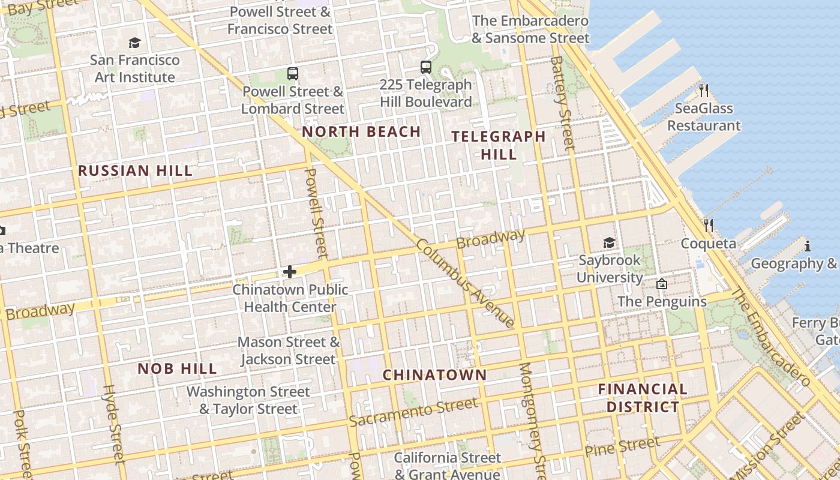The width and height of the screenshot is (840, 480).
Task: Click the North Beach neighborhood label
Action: click(361, 132)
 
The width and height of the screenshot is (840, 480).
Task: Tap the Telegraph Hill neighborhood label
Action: click(498, 145)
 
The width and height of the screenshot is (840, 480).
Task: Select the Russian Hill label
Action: click(136, 170)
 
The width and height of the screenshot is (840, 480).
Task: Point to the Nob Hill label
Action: click(177, 368)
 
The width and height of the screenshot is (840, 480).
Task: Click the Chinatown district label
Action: click(435, 375)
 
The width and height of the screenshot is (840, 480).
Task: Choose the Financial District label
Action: click(643, 398)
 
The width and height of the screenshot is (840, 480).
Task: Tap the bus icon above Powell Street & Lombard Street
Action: click(293, 74)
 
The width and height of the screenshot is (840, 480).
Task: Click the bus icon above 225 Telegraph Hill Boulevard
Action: click(426, 67)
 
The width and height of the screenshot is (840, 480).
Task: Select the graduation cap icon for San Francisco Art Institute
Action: click(134, 43)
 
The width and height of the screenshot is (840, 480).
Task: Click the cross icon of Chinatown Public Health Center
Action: click(290, 272)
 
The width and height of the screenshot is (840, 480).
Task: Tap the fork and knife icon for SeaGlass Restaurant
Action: click(704, 91)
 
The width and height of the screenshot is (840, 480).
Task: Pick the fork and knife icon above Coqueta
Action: click(709, 226)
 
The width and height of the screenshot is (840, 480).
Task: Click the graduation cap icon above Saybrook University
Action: click(610, 242)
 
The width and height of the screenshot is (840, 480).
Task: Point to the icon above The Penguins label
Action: click(662, 284)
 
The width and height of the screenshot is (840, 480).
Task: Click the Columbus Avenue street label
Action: click(465, 283)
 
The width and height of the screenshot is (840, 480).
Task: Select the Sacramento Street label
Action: click(413, 412)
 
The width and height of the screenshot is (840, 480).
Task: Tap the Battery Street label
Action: click(562, 103)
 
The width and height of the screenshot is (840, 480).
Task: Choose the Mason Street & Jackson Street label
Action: click(288, 351)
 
